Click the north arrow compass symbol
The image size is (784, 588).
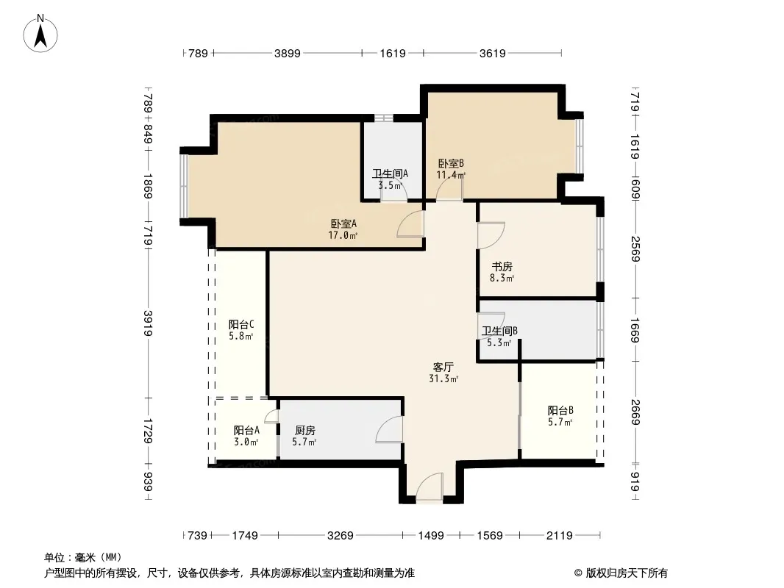click(x=40, y=34)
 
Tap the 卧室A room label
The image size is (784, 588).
click(x=343, y=224)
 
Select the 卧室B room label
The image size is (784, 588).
click(x=451, y=163)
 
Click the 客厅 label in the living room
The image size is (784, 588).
click(x=443, y=367)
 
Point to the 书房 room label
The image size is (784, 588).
click(x=502, y=267)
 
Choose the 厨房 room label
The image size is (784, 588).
click(x=305, y=430)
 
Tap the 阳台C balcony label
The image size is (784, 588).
click(x=241, y=325)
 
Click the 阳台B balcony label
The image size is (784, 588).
click(x=560, y=411)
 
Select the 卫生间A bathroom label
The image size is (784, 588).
click(x=390, y=174)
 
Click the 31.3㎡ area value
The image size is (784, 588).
click(x=443, y=379)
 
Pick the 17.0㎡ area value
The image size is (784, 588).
click(x=343, y=235)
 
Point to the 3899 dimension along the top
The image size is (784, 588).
click(x=288, y=53)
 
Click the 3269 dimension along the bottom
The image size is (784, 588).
click(x=341, y=536)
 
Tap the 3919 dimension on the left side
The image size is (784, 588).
click(x=148, y=323)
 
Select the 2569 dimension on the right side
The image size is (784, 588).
click(x=635, y=248)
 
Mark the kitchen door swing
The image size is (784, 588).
click(x=389, y=430)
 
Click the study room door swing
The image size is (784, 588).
click(x=491, y=235)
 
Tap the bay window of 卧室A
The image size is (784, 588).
click(x=184, y=187)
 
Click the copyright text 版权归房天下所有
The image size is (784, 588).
click(x=627, y=573)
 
